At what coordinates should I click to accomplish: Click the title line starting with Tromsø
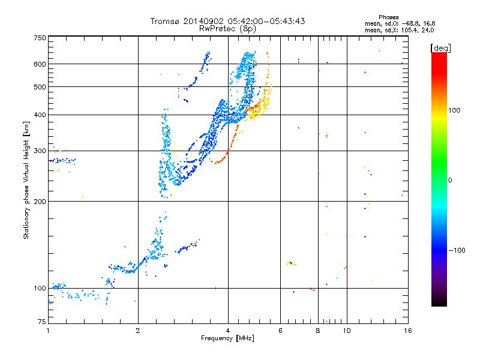[227, 21]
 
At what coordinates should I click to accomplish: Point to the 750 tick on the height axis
[40, 38]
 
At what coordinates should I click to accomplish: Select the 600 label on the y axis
[40, 64]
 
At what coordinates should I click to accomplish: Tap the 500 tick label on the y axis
[40, 87]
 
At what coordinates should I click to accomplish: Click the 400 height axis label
[40, 115]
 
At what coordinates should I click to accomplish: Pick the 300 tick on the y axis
[40, 151]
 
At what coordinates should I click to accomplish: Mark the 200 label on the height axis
[40, 202]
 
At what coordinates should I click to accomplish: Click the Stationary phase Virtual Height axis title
[26, 180]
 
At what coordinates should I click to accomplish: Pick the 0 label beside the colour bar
[451, 180]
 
